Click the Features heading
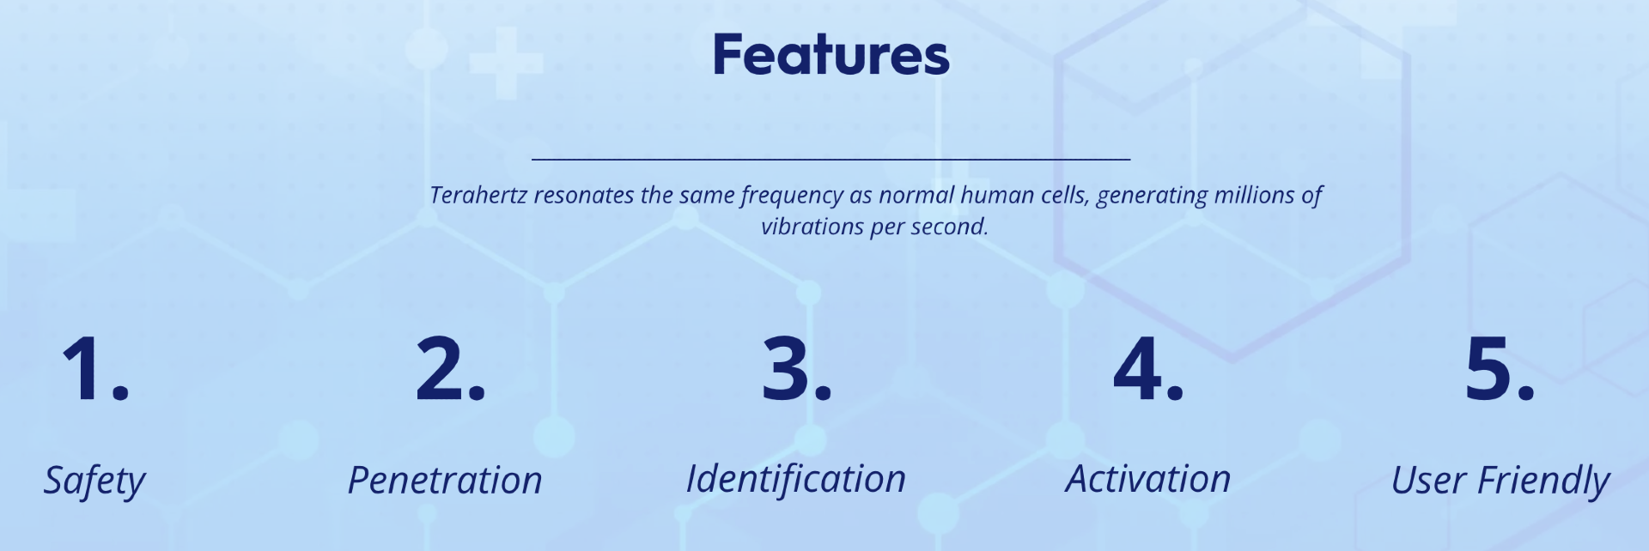pos(831,55)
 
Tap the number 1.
pos(95,369)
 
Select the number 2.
pos(450,369)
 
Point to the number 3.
pos(797,369)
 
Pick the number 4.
pos(1148,369)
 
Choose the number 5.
pos(1500,369)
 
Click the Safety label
pos(94,481)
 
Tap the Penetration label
pos(445,481)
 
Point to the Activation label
pos(1148,479)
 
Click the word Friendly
pos(1543,481)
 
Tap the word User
pos(1427,481)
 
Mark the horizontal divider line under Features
pos(831,159)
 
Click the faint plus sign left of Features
pos(507,63)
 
